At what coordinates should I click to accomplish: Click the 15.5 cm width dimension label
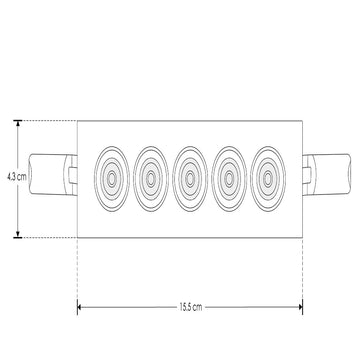click(190, 307)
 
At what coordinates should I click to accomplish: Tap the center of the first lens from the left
click(110, 179)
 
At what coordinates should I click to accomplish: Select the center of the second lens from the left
click(150, 179)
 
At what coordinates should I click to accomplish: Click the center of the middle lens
click(190, 179)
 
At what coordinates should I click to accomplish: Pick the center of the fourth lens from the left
click(230, 179)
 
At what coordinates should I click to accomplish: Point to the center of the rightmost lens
click(269, 179)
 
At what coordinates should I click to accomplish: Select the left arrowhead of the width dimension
click(81, 307)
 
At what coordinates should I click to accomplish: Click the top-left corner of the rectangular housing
click(77, 121)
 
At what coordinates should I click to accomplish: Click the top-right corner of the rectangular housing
click(302, 121)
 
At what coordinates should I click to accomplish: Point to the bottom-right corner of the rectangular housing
click(302, 238)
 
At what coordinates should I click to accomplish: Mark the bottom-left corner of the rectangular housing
click(77, 238)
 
